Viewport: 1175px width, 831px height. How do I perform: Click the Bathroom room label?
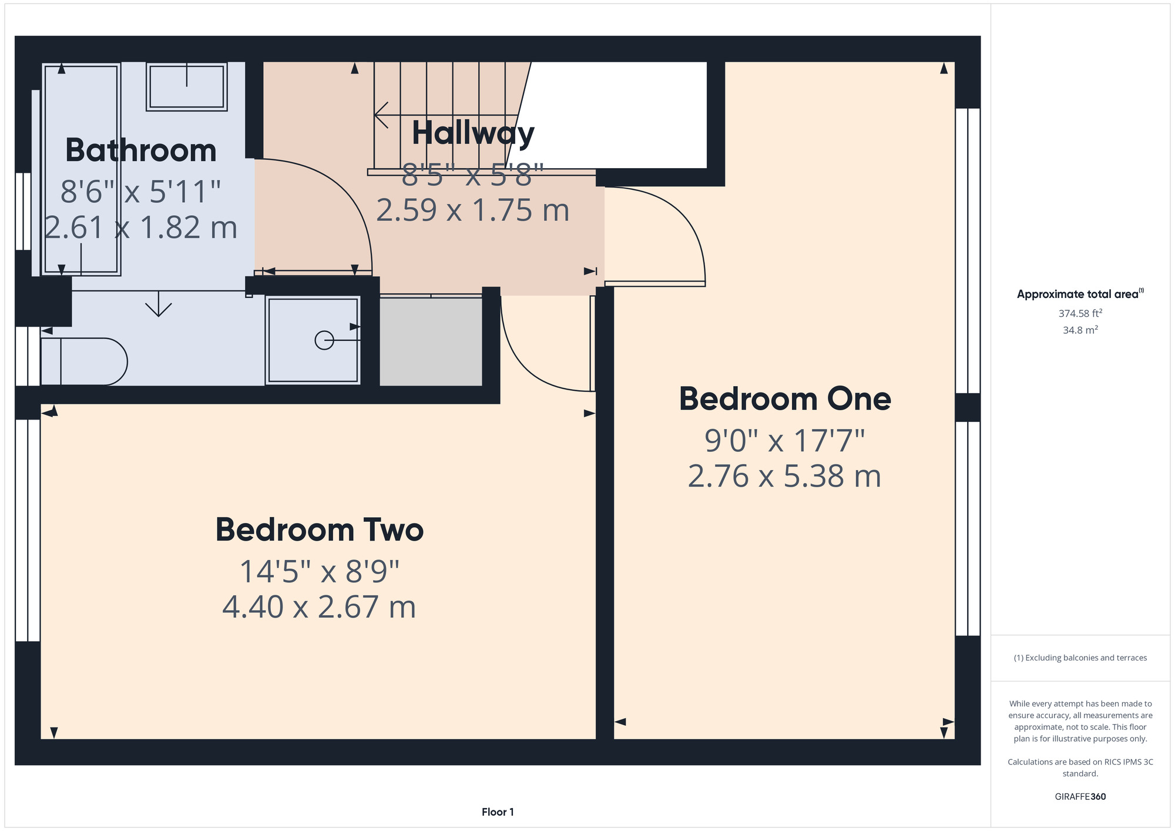point(141,150)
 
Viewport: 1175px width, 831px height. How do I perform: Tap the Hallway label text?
point(473,134)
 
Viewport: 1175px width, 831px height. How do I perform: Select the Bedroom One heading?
point(785,399)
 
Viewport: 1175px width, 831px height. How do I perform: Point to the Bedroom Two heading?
point(320,530)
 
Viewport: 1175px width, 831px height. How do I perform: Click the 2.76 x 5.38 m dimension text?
point(784,476)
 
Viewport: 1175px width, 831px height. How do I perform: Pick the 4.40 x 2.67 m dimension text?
point(319,607)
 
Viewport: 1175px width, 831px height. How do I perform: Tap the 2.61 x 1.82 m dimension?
point(141,227)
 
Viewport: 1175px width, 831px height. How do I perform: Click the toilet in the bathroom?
point(84,361)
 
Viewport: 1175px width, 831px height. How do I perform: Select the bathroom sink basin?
point(187,87)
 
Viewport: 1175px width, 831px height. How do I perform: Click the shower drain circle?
point(324,340)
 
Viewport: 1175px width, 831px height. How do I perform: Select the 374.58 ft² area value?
point(1080,313)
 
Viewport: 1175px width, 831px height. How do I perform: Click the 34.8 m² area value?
point(1080,330)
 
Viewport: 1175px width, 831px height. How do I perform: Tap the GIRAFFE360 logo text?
point(1080,797)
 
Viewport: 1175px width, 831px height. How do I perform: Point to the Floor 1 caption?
point(498,812)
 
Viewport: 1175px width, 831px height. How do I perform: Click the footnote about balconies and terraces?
point(1080,658)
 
